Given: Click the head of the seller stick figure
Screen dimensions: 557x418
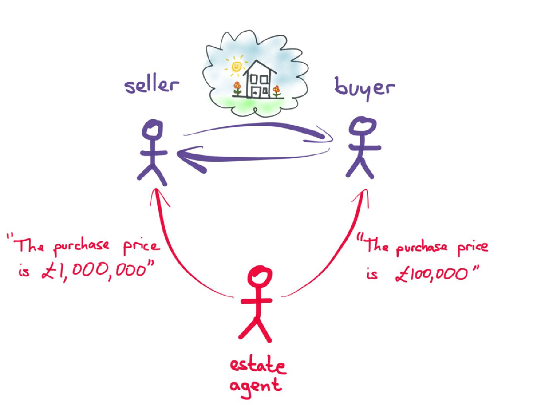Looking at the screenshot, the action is (x=152, y=130).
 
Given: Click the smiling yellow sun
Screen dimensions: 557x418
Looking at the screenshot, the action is (x=237, y=67).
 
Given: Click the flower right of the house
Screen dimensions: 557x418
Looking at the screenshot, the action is (x=276, y=90).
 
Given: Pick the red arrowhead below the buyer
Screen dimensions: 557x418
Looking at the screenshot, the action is (x=364, y=195).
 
